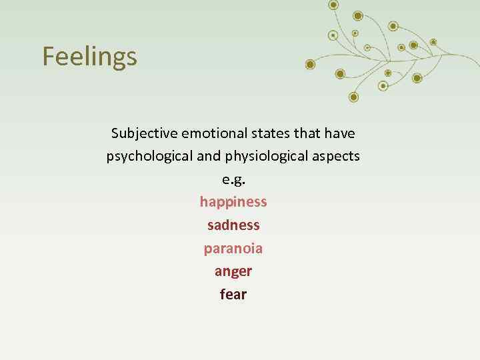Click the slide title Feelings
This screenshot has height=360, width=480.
(89, 57)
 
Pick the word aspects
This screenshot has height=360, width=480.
(337, 157)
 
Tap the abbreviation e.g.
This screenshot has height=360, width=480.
(233, 179)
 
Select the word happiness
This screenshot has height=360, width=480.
(233, 202)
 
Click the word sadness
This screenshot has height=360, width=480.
(233, 225)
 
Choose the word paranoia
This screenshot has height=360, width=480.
(233, 249)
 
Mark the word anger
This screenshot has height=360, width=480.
(233, 271)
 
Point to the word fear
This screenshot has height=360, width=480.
(233, 294)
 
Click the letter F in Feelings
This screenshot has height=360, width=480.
(49, 57)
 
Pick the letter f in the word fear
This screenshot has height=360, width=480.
(223, 294)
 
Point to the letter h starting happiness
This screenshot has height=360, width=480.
(204, 202)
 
